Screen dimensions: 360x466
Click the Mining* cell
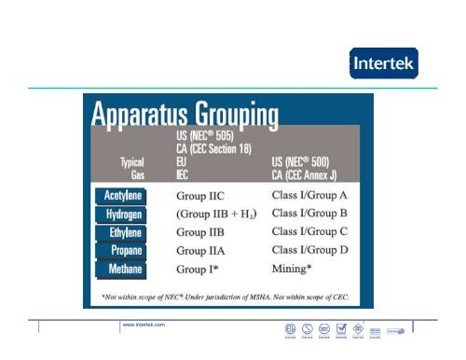click(299, 269)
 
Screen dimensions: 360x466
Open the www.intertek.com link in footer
click(144, 324)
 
